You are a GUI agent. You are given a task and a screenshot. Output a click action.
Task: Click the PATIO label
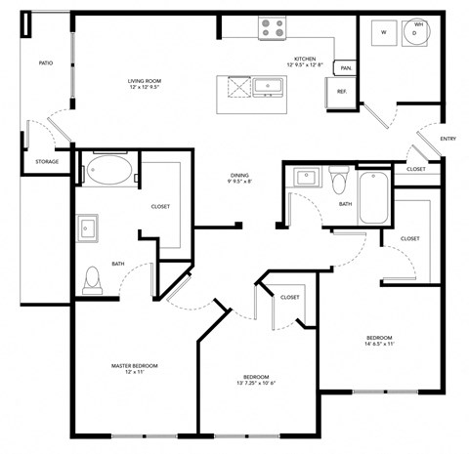click(x=45, y=63)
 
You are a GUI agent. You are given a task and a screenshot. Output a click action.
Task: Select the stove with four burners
click(x=271, y=28)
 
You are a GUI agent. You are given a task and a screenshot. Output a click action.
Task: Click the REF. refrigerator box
click(x=342, y=92)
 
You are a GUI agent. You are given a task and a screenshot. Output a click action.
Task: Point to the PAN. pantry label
click(x=346, y=68)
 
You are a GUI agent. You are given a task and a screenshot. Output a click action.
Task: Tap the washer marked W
click(x=384, y=32)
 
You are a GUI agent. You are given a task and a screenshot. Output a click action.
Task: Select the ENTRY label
click(x=448, y=139)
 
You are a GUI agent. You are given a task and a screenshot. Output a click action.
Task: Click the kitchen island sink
click(x=265, y=89)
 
